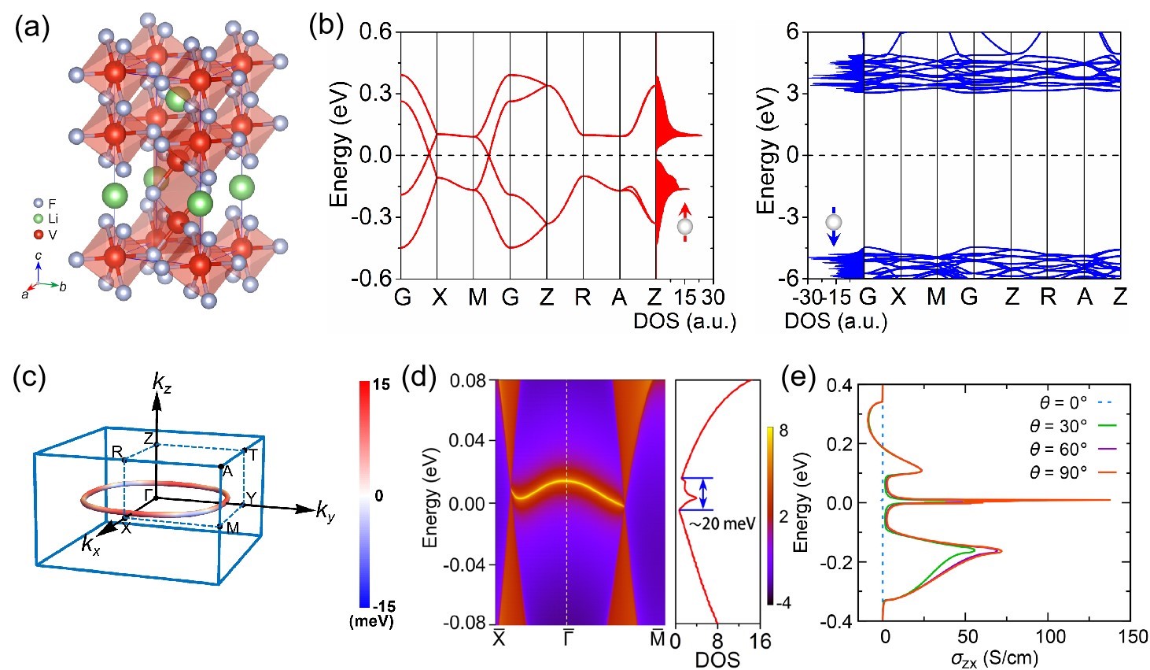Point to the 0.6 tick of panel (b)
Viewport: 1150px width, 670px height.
[x=375, y=32]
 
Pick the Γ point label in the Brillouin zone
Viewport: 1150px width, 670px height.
[x=148, y=494]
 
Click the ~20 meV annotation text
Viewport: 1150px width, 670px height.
[x=721, y=524]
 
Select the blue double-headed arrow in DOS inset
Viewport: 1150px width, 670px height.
[x=703, y=494]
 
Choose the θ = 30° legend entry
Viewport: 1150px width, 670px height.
[x=1074, y=426]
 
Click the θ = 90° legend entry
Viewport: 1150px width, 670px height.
[x=1074, y=472]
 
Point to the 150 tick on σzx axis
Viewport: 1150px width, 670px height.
[x=1133, y=637]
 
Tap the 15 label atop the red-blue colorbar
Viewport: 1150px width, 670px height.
[x=381, y=386]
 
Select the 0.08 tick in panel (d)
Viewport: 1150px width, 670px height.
[x=469, y=381]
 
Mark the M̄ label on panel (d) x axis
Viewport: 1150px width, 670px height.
[x=658, y=639]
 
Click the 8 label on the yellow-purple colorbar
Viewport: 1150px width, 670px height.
[x=783, y=431]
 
